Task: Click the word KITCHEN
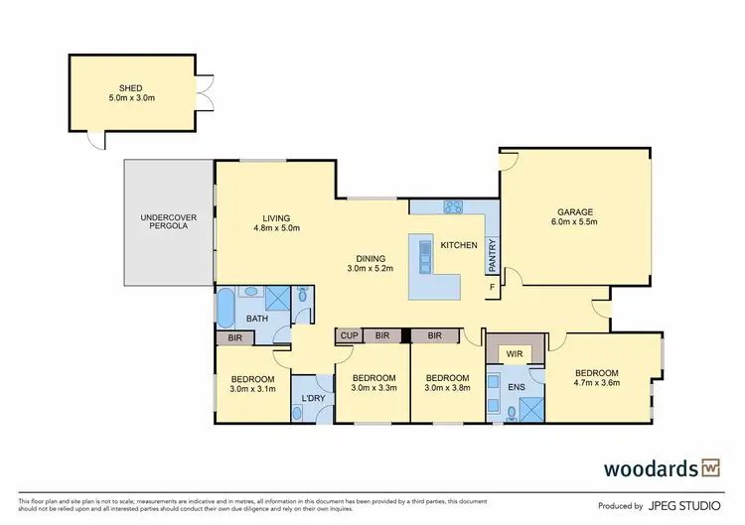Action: (x=459, y=245)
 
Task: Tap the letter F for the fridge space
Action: (x=490, y=288)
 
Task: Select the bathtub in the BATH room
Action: (x=225, y=310)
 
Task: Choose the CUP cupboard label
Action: (x=349, y=336)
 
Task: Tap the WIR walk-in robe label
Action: (x=515, y=352)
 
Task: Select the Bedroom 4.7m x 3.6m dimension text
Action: (x=596, y=383)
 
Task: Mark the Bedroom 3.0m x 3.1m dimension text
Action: (x=252, y=390)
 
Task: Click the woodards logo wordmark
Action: (x=651, y=467)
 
